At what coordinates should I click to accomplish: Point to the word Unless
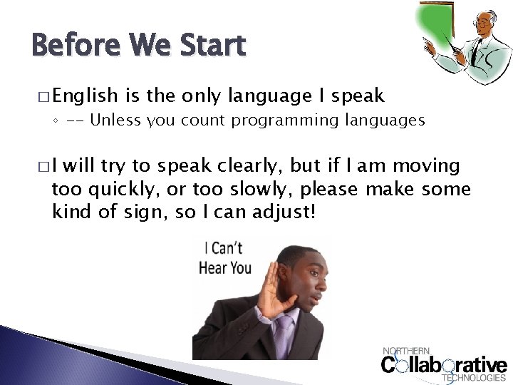pyautogui.click(x=115, y=120)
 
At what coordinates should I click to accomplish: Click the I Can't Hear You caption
pyautogui.click(x=224, y=258)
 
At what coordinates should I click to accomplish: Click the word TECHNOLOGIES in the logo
pyautogui.click(x=473, y=378)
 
